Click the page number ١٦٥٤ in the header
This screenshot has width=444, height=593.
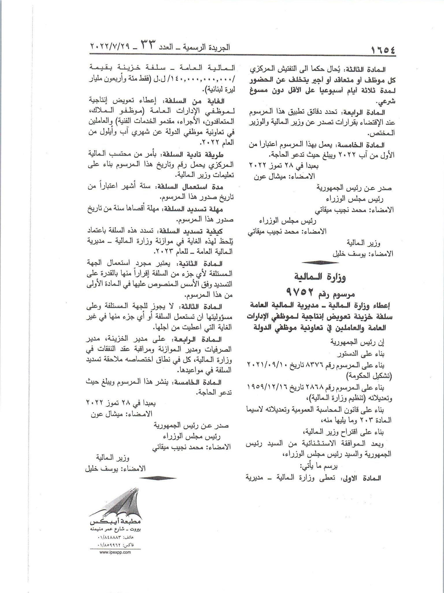coord(382,49)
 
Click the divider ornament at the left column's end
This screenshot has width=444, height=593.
coord(160,477)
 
